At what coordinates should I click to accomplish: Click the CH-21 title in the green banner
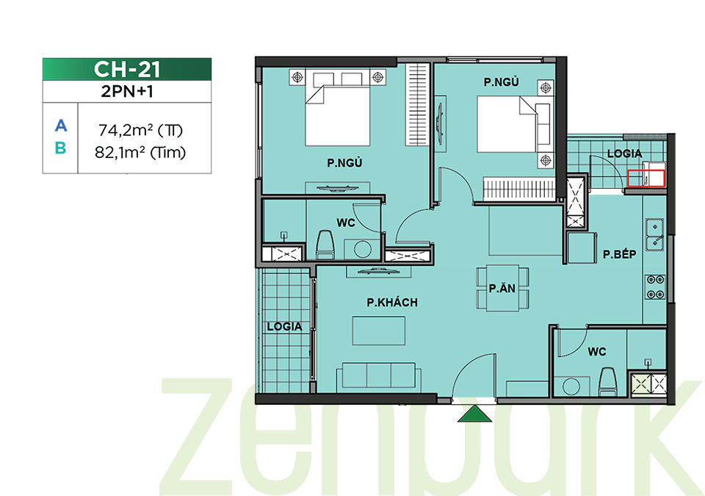click(x=127, y=69)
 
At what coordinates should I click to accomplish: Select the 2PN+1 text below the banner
click(x=127, y=91)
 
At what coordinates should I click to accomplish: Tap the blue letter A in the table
click(x=61, y=126)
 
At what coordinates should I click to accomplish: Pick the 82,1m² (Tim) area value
click(x=140, y=153)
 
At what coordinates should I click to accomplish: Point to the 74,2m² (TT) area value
click(x=140, y=130)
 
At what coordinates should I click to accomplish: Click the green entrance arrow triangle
click(x=474, y=414)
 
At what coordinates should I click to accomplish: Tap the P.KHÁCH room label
click(x=392, y=303)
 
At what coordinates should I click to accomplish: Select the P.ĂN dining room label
click(x=502, y=288)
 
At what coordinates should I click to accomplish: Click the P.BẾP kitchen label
click(x=620, y=254)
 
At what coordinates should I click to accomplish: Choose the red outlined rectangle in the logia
click(x=646, y=178)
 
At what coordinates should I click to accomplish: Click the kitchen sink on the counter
click(x=655, y=234)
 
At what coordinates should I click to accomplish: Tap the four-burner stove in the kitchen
click(x=656, y=287)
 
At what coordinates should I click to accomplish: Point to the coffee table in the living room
click(x=379, y=331)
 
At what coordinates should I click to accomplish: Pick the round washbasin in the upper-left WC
click(x=362, y=249)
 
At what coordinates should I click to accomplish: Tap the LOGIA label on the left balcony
click(x=284, y=327)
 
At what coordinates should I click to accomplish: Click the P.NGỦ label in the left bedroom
click(x=345, y=163)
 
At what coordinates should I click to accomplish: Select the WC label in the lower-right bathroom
click(x=597, y=352)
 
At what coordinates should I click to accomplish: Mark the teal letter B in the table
click(x=61, y=148)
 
